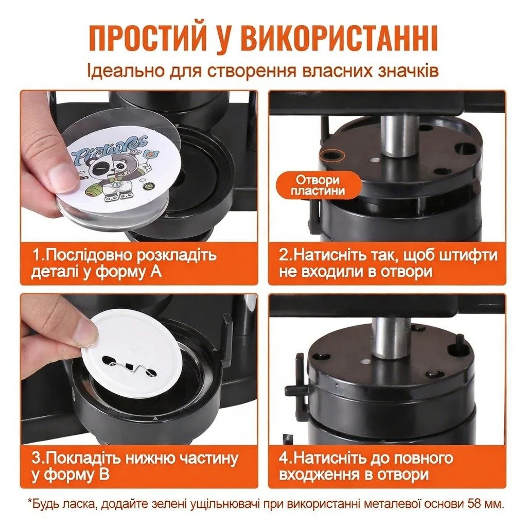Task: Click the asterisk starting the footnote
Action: (x=29, y=502)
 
